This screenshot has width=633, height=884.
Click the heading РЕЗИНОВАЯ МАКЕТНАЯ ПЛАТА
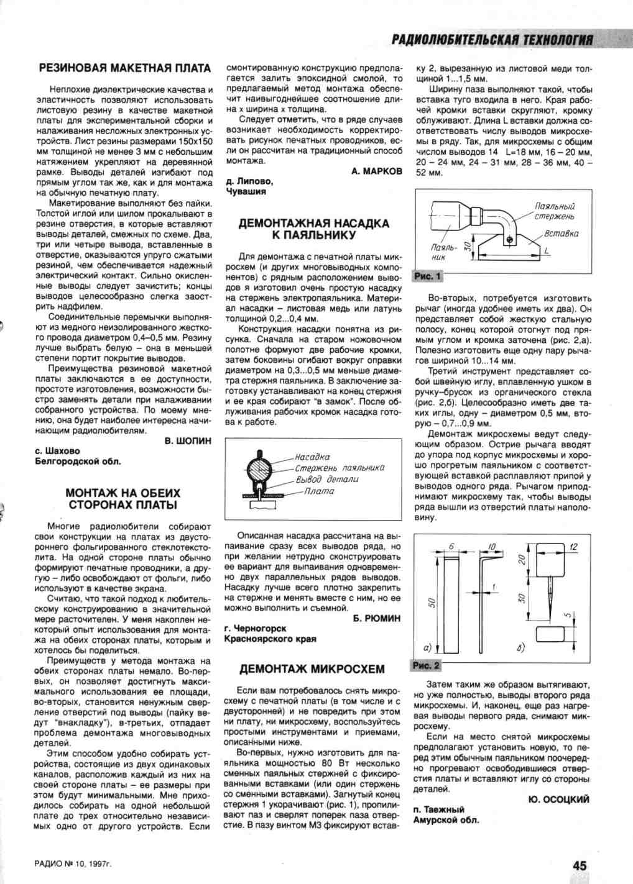(124, 68)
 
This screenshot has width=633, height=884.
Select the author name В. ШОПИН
(188, 440)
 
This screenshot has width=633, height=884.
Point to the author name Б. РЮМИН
(376, 618)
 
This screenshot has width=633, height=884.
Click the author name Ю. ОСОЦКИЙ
(559, 799)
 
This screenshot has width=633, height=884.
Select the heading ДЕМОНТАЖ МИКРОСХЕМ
(312, 669)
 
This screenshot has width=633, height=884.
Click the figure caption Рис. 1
(427, 276)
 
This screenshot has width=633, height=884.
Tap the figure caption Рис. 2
(426, 665)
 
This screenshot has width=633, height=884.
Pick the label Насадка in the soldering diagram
(312, 457)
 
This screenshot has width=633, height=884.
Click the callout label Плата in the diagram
(319, 491)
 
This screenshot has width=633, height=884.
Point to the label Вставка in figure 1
(561, 234)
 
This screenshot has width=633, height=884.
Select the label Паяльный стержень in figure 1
(555, 211)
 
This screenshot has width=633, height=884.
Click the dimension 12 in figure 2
(573, 547)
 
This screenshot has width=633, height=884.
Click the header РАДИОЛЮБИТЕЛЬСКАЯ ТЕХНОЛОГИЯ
(492, 40)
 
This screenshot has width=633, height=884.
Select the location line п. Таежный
(439, 809)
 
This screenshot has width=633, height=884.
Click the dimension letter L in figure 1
(547, 251)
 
